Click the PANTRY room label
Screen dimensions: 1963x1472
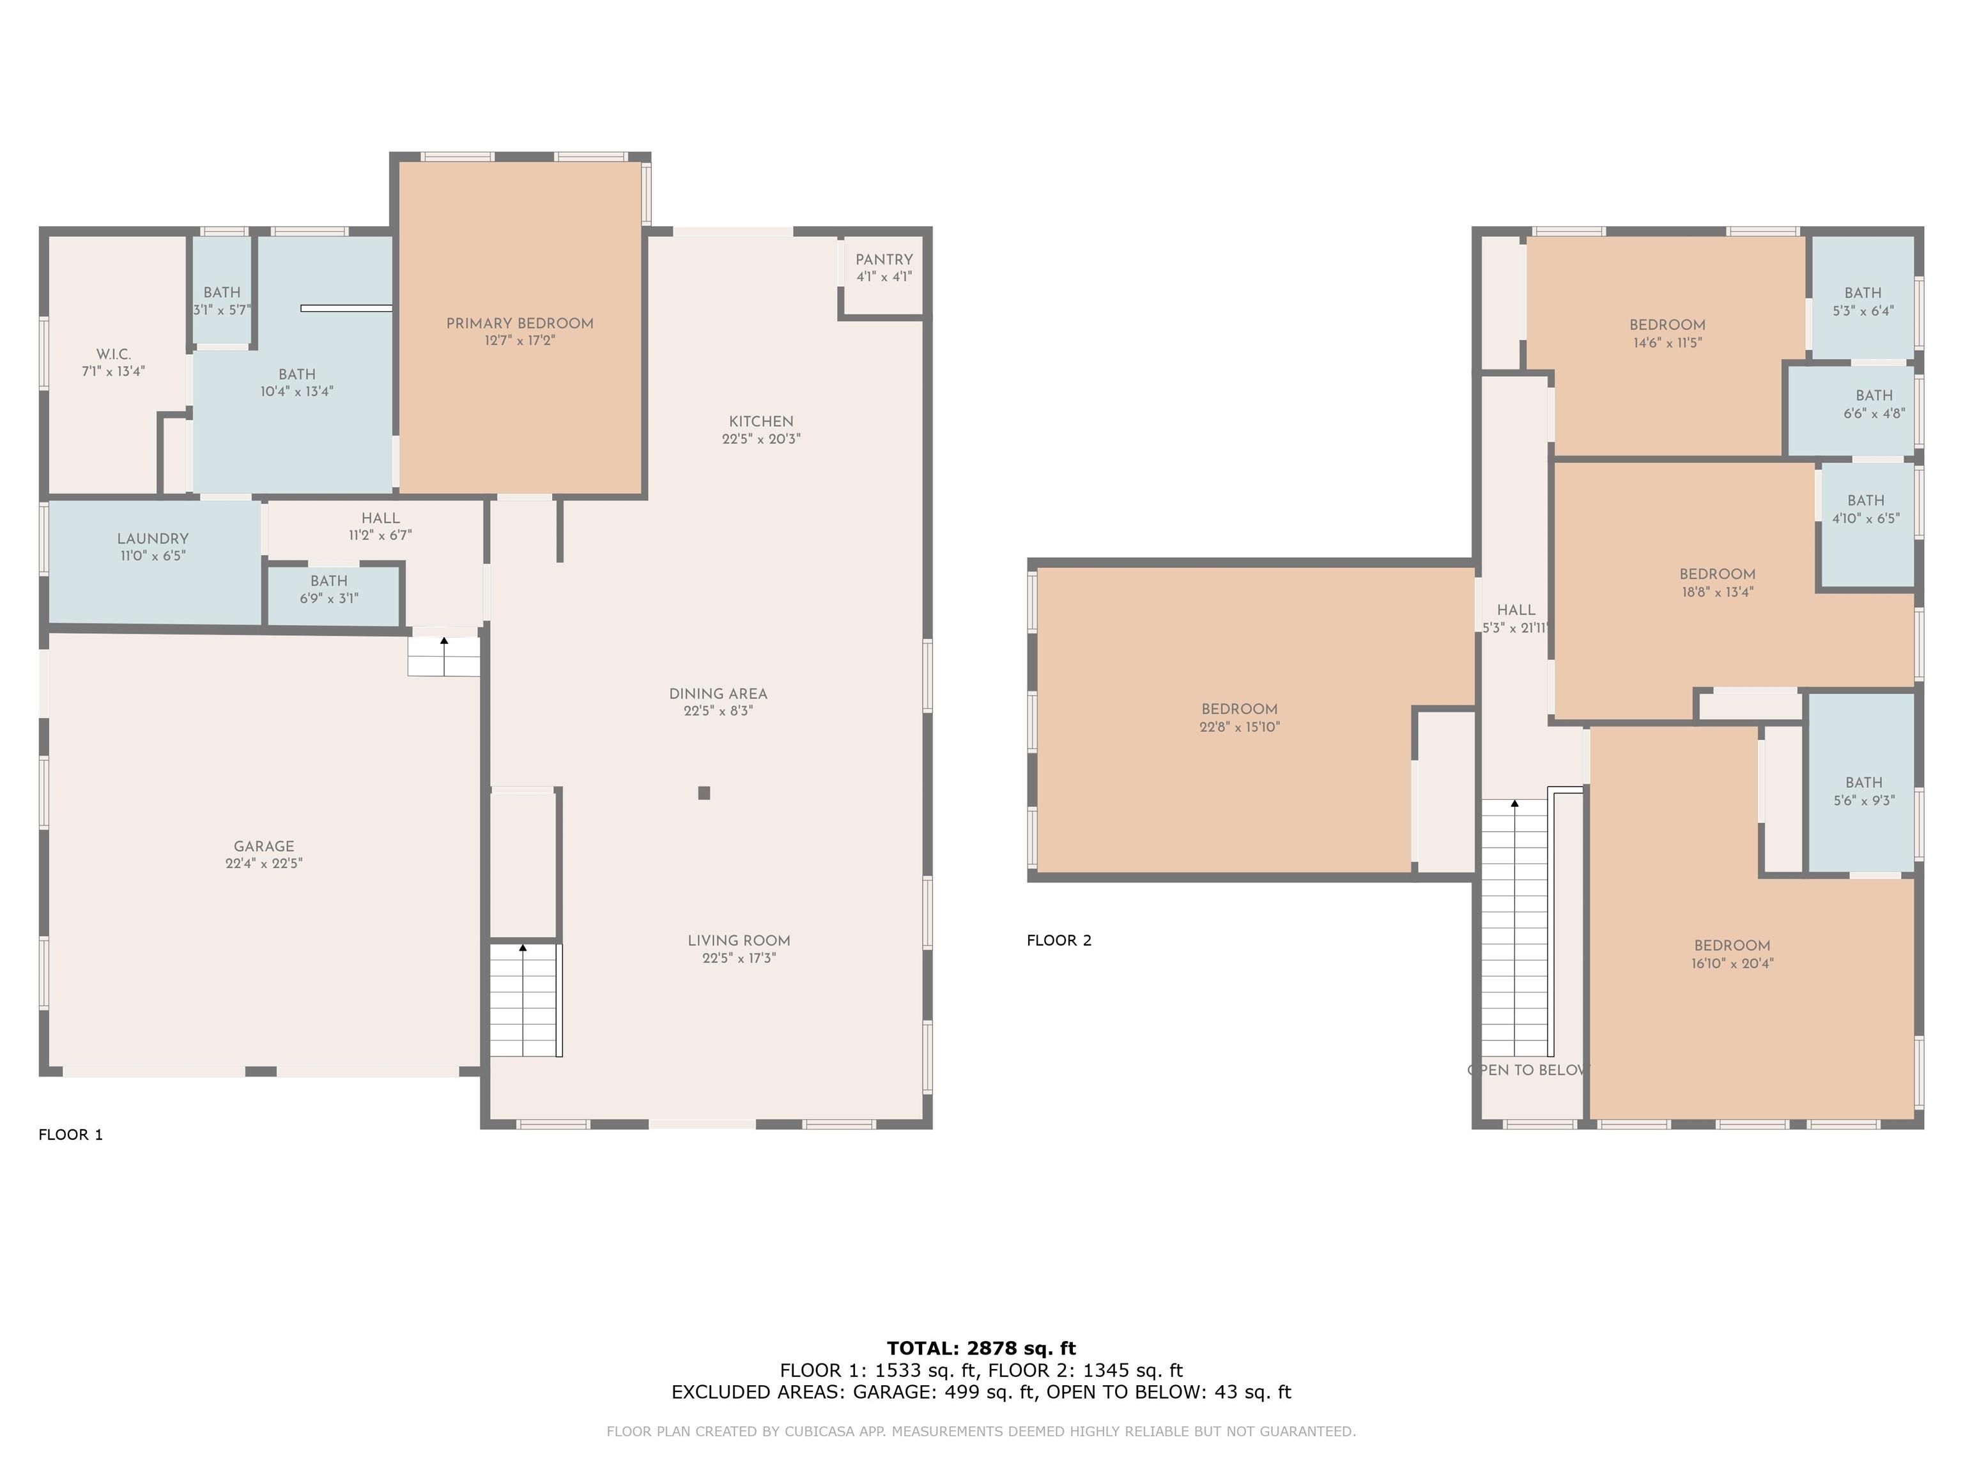884,259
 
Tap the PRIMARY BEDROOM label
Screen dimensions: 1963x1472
520,323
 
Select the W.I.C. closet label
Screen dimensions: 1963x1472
114,354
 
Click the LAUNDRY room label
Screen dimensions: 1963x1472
153,539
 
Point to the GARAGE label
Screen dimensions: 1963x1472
263,847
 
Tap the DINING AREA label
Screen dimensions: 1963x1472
718,694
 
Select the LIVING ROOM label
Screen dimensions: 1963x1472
738,940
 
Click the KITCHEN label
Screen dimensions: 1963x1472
762,422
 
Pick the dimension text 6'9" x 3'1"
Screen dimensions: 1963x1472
329,598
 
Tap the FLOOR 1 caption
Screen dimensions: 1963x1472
71,1134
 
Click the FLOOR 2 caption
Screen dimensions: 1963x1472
1059,940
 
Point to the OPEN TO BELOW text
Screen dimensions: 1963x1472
1527,1070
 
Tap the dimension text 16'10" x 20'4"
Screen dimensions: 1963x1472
1732,963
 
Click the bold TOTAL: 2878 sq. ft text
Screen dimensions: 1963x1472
981,1349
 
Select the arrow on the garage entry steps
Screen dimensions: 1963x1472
443,650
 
